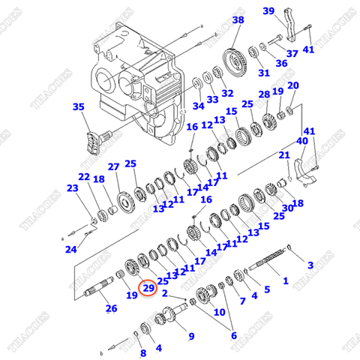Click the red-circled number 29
[x=148, y=287]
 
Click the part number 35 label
[x=79, y=107]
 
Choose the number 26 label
[x=111, y=307]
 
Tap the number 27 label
[x=113, y=166]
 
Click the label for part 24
[x=70, y=249]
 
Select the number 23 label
[x=72, y=188]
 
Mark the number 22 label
[x=84, y=177]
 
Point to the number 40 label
[x=302, y=141]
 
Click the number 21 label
[x=284, y=155]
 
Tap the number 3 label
[x=310, y=265]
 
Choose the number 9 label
[x=190, y=336]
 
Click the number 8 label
[x=142, y=352]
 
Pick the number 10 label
[x=220, y=311]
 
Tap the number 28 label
[x=263, y=94]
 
